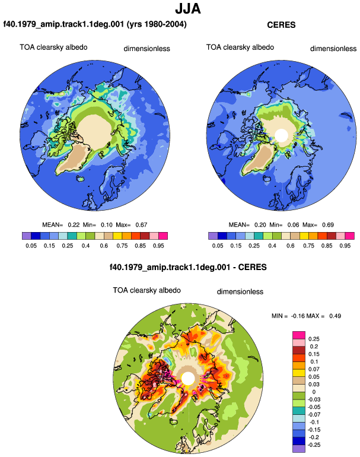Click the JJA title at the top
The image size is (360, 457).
188,8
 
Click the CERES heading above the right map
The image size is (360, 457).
281,25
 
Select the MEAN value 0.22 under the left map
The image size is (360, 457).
74,225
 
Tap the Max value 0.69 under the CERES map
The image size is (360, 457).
327,225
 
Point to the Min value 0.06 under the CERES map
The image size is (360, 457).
293,225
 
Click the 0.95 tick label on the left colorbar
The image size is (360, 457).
158,245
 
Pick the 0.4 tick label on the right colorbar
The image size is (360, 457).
272,245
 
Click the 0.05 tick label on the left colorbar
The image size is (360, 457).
31,245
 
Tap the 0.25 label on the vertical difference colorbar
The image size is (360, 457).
314,339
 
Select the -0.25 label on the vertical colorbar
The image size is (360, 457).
314,445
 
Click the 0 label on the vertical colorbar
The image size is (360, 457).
314,392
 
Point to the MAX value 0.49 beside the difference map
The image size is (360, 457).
335,316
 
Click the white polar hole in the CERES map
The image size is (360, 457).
281,135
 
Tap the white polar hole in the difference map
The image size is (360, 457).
188,378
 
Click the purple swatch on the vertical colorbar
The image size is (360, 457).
298,449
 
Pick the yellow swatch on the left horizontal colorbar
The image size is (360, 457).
117,236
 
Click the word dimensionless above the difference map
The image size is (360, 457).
240,292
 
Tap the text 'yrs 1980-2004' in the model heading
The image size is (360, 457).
157,24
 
